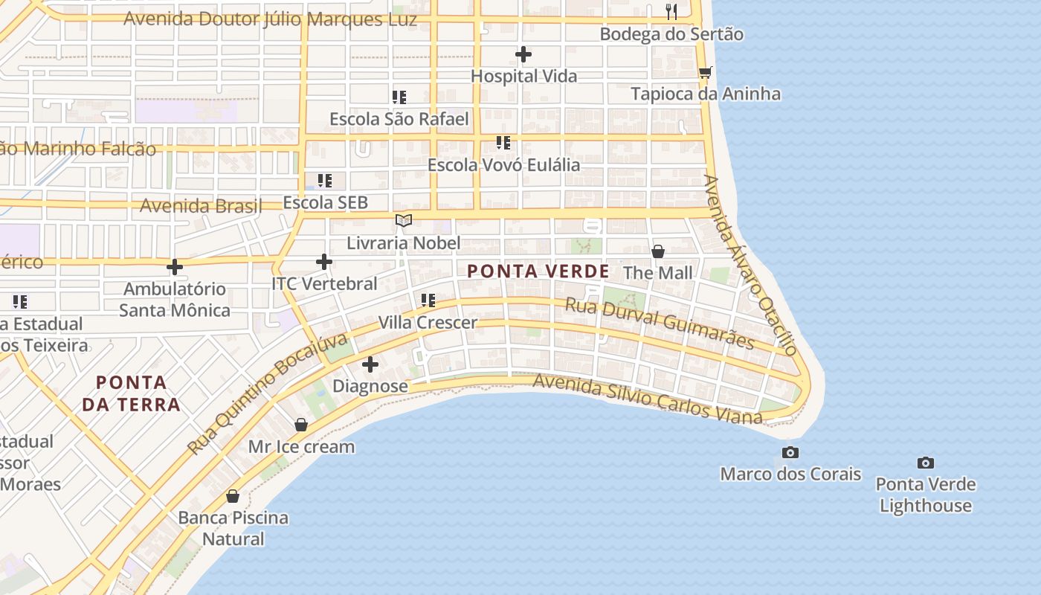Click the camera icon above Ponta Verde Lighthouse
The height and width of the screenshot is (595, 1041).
click(x=925, y=463)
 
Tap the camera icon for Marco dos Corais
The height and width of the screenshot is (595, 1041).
click(x=790, y=452)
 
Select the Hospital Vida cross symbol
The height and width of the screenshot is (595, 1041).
click(x=523, y=54)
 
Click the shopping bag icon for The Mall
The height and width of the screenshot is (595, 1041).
click(x=657, y=251)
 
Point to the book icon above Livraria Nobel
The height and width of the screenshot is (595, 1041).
click(x=404, y=221)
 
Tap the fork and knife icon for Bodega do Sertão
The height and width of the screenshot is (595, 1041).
click(x=671, y=11)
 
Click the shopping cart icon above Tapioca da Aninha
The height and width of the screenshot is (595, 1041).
click(x=705, y=72)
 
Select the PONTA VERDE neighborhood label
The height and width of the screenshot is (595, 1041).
click(x=538, y=271)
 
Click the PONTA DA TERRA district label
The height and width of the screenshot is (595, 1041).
click(x=131, y=393)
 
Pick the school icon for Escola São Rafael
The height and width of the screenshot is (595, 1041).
click(x=399, y=97)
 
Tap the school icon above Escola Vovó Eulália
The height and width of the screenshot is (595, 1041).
click(x=503, y=142)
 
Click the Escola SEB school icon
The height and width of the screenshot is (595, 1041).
click(x=325, y=181)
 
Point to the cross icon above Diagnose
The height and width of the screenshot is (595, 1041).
click(x=370, y=364)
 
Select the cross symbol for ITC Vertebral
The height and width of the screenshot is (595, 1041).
click(x=324, y=262)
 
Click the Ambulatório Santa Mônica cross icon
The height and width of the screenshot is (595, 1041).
click(x=175, y=267)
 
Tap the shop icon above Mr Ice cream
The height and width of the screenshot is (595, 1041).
click(x=301, y=425)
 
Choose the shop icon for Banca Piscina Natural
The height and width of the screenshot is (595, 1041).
click(x=233, y=496)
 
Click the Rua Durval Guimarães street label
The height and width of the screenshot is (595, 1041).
click(x=660, y=324)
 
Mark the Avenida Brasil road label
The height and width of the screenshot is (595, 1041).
click(x=201, y=205)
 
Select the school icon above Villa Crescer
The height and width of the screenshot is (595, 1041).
click(x=428, y=300)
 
